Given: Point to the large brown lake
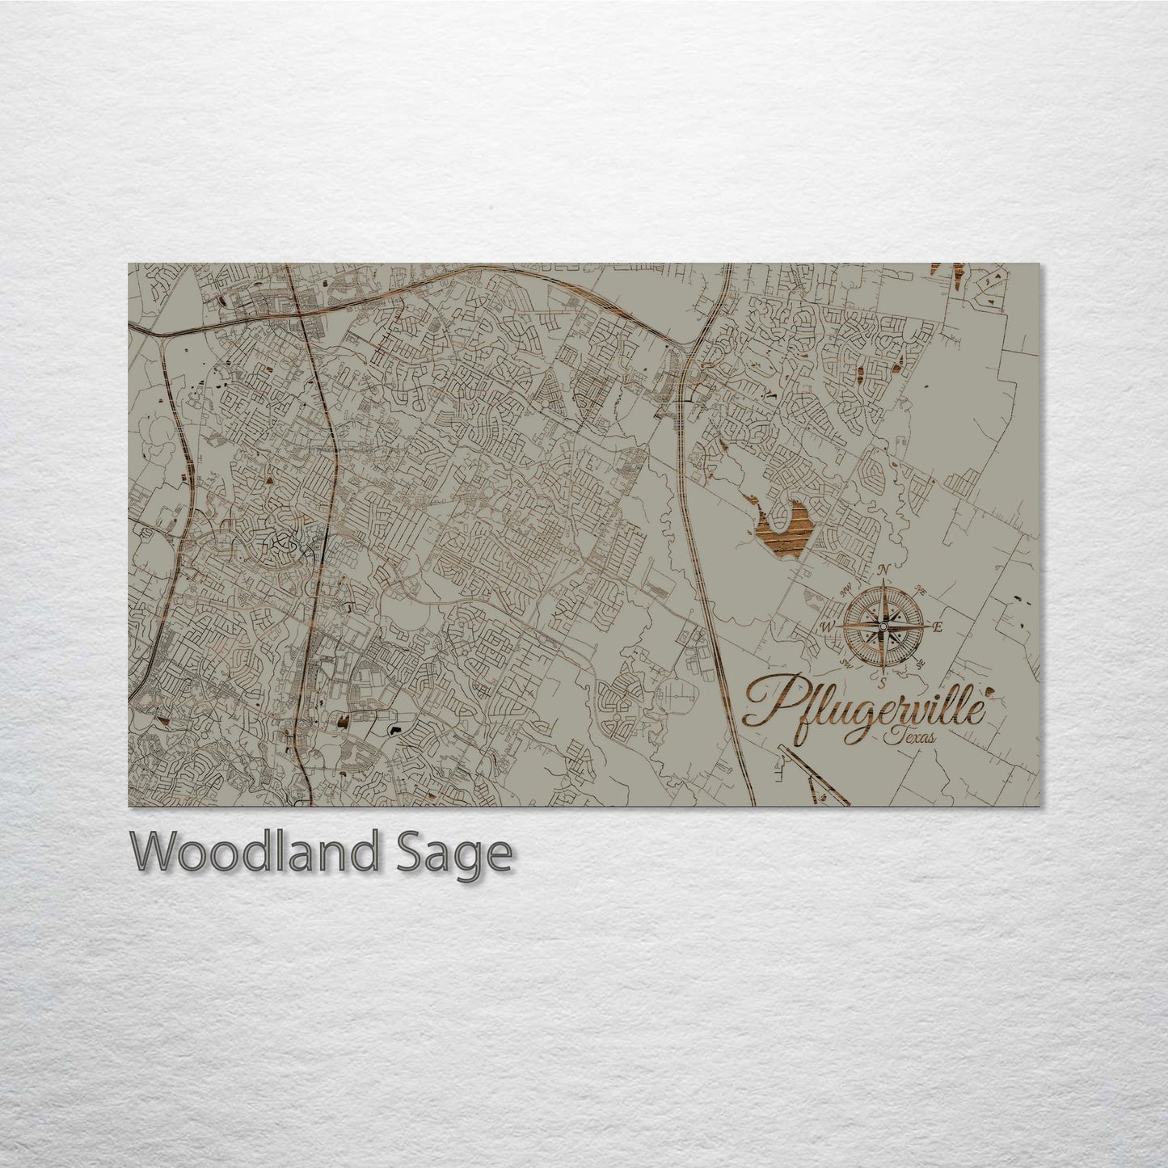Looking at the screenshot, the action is pos(781,529).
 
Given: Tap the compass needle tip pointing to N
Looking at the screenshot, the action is pos(883,584).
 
